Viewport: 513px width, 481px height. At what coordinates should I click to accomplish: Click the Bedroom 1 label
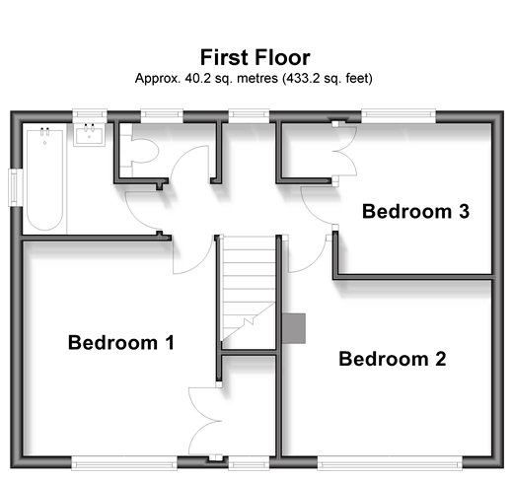pyautogui.click(x=121, y=343)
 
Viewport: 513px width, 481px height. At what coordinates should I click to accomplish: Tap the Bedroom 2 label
pyautogui.click(x=393, y=359)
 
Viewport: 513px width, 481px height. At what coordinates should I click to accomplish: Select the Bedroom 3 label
pyautogui.click(x=415, y=211)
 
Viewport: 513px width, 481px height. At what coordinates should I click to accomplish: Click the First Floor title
pyautogui.click(x=256, y=57)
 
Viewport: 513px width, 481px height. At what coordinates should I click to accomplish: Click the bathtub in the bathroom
pyautogui.click(x=44, y=179)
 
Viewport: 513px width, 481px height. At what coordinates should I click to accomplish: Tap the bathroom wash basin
pyautogui.click(x=89, y=135)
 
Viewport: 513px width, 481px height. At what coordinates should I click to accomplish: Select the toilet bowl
pyautogui.click(x=144, y=151)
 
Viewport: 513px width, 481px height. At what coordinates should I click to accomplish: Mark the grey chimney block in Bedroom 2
pyautogui.click(x=294, y=328)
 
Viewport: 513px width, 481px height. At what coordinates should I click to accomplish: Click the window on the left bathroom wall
pyautogui.click(x=15, y=187)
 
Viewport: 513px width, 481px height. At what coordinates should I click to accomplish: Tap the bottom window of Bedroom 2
pyautogui.click(x=390, y=464)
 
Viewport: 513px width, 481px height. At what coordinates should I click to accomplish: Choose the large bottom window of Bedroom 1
pyautogui.click(x=124, y=463)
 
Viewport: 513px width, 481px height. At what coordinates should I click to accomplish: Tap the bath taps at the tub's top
pyautogui.click(x=44, y=131)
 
